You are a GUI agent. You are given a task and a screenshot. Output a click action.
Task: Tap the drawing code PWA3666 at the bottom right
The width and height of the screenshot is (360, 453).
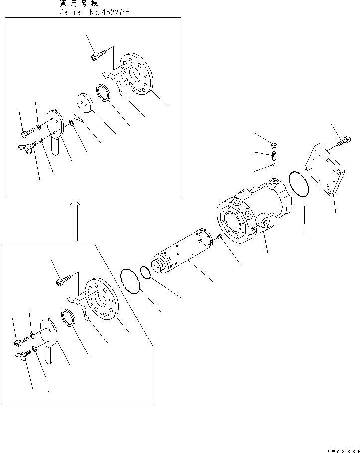tap(343, 451)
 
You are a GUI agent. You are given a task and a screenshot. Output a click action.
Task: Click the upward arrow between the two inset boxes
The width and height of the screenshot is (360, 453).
tap(75, 220)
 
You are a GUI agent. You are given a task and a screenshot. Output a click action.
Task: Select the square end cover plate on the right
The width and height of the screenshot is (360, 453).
tap(325, 170)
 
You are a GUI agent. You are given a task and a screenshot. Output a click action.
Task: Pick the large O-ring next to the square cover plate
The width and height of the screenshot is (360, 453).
tap(299, 184)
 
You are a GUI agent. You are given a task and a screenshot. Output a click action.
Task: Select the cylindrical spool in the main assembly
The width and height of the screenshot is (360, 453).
tap(183, 251)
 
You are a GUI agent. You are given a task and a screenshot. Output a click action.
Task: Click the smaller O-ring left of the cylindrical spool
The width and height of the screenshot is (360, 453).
tap(145, 273)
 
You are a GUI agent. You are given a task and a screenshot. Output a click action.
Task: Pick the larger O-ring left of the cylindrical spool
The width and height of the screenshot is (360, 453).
tap(130, 281)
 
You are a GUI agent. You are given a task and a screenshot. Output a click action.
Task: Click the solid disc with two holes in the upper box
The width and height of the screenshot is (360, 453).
tap(85, 103)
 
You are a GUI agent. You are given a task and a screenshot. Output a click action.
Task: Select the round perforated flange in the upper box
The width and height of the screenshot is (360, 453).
tap(136, 74)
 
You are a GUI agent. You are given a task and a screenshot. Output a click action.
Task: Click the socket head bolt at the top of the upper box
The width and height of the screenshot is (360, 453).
tap(99, 55)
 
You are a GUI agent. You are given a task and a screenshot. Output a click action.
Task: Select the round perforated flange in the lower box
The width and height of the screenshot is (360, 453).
tap(102, 299)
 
